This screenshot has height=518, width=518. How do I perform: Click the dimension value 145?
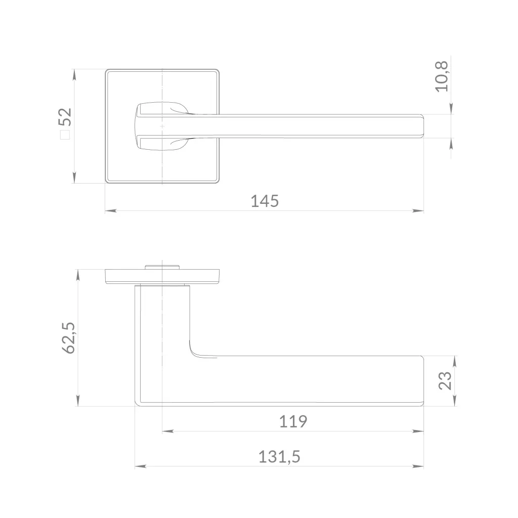(265, 201)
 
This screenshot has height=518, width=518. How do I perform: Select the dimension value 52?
(65, 117)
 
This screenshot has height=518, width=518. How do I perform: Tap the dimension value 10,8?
(442, 76)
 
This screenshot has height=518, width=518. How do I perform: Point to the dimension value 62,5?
(69, 338)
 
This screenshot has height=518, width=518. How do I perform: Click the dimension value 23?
(445, 380)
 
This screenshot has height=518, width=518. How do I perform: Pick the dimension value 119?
(293, 421)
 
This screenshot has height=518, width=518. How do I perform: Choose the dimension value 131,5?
(279, 457)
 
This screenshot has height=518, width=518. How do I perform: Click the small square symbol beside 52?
(65, 135)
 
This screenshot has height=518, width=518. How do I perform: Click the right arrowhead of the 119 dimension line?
(418, 431)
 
